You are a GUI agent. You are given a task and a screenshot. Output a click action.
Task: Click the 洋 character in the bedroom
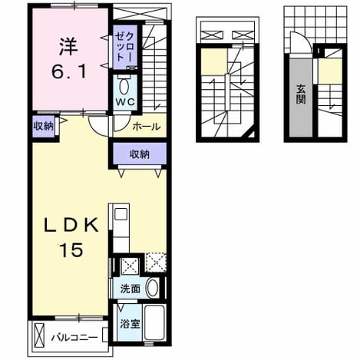(68, 46)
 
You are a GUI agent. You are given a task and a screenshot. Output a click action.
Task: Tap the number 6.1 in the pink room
(68, 71)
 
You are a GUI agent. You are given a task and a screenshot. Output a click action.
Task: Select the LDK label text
(71, 224)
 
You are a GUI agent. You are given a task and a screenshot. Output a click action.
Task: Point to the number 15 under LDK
(71, 250)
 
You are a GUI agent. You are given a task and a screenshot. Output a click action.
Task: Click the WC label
(125, 102)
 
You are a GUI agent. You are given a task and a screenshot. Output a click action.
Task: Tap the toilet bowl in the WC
(124, 87)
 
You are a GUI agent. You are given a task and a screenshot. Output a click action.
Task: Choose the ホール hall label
(147, 127)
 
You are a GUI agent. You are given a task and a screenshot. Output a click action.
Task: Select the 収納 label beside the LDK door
(44, 126)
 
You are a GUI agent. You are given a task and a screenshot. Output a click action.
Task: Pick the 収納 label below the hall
(140, 154)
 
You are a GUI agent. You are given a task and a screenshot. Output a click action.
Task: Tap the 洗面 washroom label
(130, 289)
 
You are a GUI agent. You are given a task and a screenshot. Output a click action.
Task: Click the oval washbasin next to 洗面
(153, 288)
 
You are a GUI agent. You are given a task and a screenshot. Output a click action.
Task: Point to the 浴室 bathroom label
(130, 324)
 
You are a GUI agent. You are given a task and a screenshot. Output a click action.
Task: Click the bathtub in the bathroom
(154, 322)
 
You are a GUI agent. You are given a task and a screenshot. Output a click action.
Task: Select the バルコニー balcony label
(74, 338)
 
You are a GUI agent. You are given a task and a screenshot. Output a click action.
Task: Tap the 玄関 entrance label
(301, 94)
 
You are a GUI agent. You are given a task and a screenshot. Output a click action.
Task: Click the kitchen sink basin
(121, 214)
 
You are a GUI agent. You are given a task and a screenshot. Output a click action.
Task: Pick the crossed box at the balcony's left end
(39, 335)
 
